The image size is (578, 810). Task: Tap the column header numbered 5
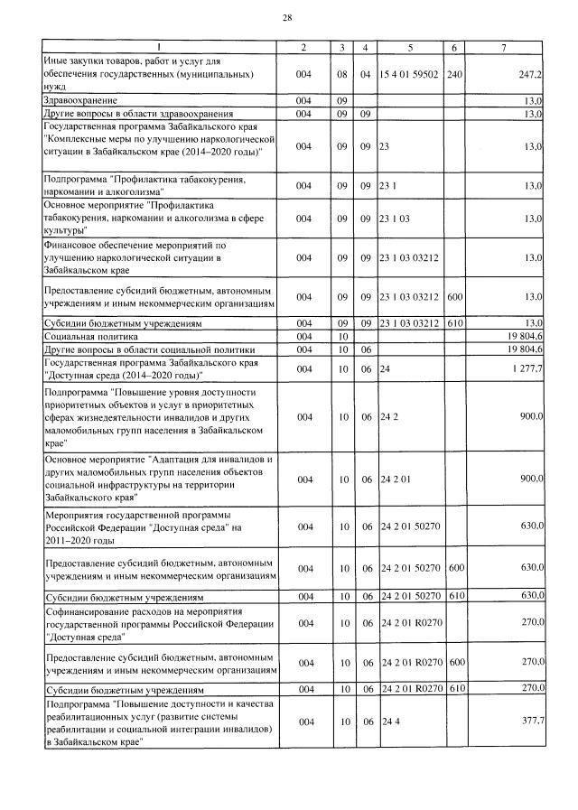click(x=409, y=46)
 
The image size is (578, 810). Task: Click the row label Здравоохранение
click(x=81, y=99)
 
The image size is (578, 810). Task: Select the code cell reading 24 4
click(x=389, y=722)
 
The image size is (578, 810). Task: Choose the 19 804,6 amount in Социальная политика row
click(x=523, y=335)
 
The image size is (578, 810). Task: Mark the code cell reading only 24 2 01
click(x=396, y=479)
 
